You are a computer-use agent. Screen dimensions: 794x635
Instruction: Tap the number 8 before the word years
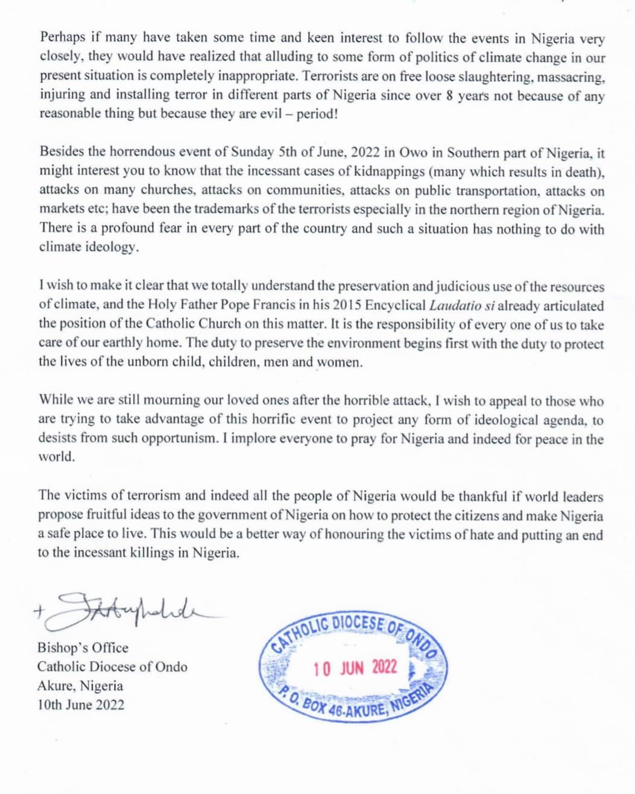(450, 95)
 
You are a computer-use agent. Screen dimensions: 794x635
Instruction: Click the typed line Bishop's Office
(83, 648)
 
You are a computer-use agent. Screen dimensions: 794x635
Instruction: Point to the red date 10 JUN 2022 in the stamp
(355, 667)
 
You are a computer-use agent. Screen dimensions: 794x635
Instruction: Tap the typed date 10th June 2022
(81, 705)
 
